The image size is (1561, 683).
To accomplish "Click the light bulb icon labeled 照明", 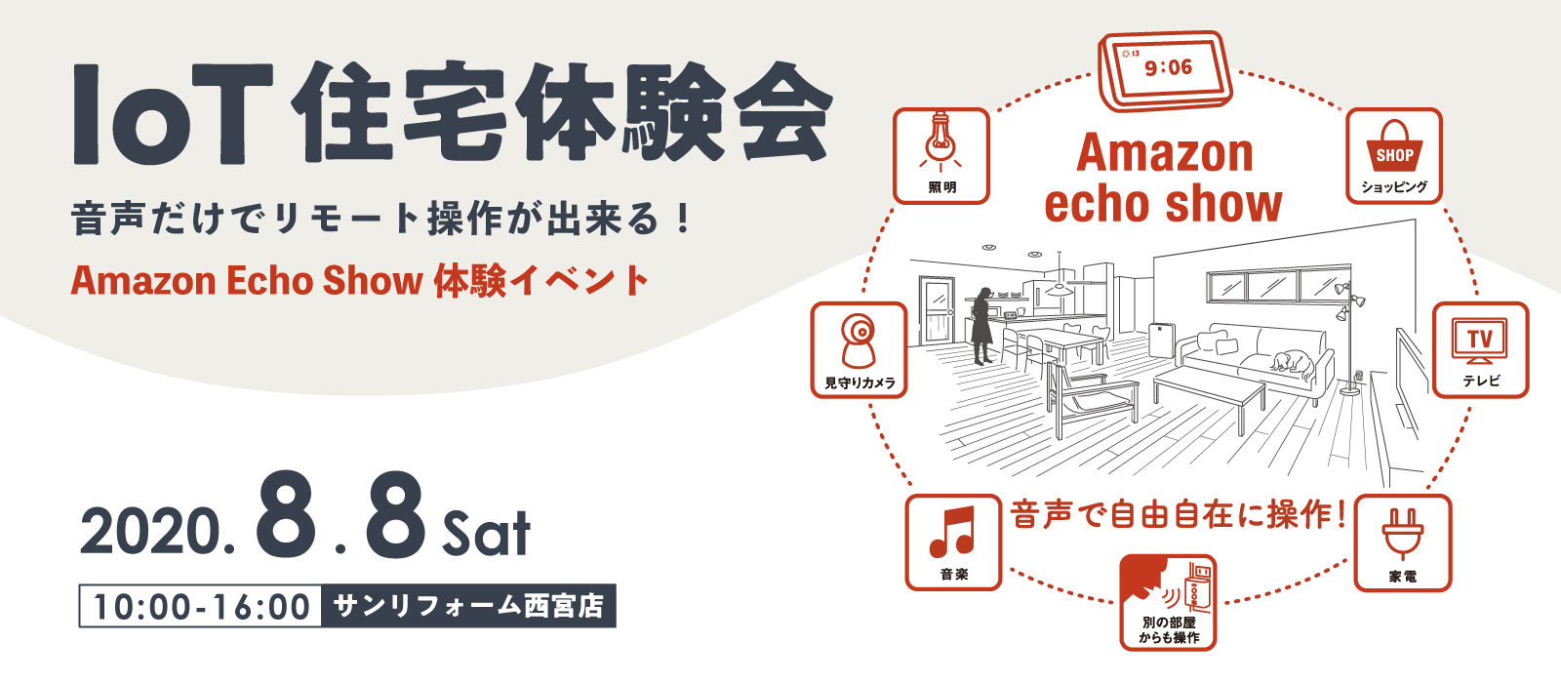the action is coord(941,142).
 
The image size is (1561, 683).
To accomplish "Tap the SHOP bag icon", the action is coord(1394,146).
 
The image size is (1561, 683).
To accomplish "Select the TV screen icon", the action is coord(1479,341).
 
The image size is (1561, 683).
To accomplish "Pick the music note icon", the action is coord(952,531).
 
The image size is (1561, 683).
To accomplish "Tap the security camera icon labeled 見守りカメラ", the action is coord(859,341).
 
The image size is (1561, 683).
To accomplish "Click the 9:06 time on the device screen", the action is coord(1168,67).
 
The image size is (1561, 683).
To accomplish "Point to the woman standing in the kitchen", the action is coord(981,326).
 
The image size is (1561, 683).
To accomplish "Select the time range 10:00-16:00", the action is coord(201,606).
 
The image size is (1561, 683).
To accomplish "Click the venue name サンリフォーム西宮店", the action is coord(468,606).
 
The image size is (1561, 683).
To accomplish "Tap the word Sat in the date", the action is coord(486,534).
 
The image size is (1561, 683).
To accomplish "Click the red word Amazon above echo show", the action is coord(1165,152).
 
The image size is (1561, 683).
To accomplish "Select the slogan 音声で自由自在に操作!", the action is coord(1178,515).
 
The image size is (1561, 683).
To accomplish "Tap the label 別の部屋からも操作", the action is coord(1169,630).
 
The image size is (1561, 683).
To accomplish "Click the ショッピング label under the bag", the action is coord(1394,186).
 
